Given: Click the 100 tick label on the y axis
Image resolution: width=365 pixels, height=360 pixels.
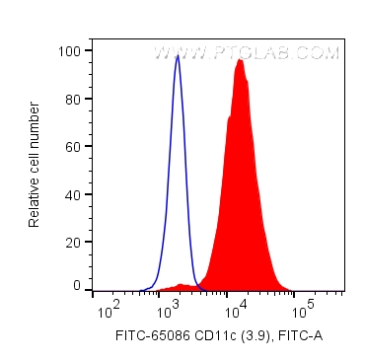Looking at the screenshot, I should [70, 50].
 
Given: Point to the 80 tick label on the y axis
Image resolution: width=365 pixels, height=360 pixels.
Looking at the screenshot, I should [73, 98].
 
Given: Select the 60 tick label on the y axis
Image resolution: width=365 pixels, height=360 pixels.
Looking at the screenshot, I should [73, 146].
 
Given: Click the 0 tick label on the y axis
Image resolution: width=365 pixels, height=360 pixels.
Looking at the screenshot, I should [77, 285].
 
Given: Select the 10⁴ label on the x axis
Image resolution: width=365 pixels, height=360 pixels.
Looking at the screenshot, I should [237, 311].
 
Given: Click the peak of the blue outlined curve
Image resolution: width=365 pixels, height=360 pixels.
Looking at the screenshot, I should [177, 56].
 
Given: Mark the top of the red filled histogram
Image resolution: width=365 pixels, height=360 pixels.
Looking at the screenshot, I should [239, 61].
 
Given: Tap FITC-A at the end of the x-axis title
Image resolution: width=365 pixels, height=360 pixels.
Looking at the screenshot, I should [301, 337].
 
